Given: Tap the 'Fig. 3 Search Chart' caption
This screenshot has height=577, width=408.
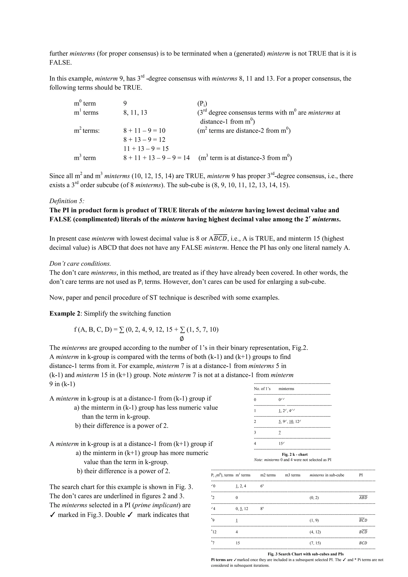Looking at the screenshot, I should [x=305, y=554].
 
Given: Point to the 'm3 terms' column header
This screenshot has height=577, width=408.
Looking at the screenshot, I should [x=292, y=475].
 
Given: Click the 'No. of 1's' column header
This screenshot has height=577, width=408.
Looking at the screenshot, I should [x=262, y=389].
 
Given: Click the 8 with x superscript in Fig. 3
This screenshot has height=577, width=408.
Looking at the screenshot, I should [x=262, y=509].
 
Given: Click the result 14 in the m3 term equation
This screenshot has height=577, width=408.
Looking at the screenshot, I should [x=186, y=158].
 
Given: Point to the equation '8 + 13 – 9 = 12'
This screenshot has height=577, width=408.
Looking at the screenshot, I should [x=144, y=139].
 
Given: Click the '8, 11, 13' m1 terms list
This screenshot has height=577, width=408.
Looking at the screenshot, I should [x=135, y=112].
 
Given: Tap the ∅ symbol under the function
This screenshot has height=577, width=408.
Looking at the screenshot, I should [x=182, y=339].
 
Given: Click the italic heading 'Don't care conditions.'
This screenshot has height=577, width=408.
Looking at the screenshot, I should [x=80, y=264].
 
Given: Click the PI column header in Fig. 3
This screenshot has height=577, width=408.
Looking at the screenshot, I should [x=361, y=475].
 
